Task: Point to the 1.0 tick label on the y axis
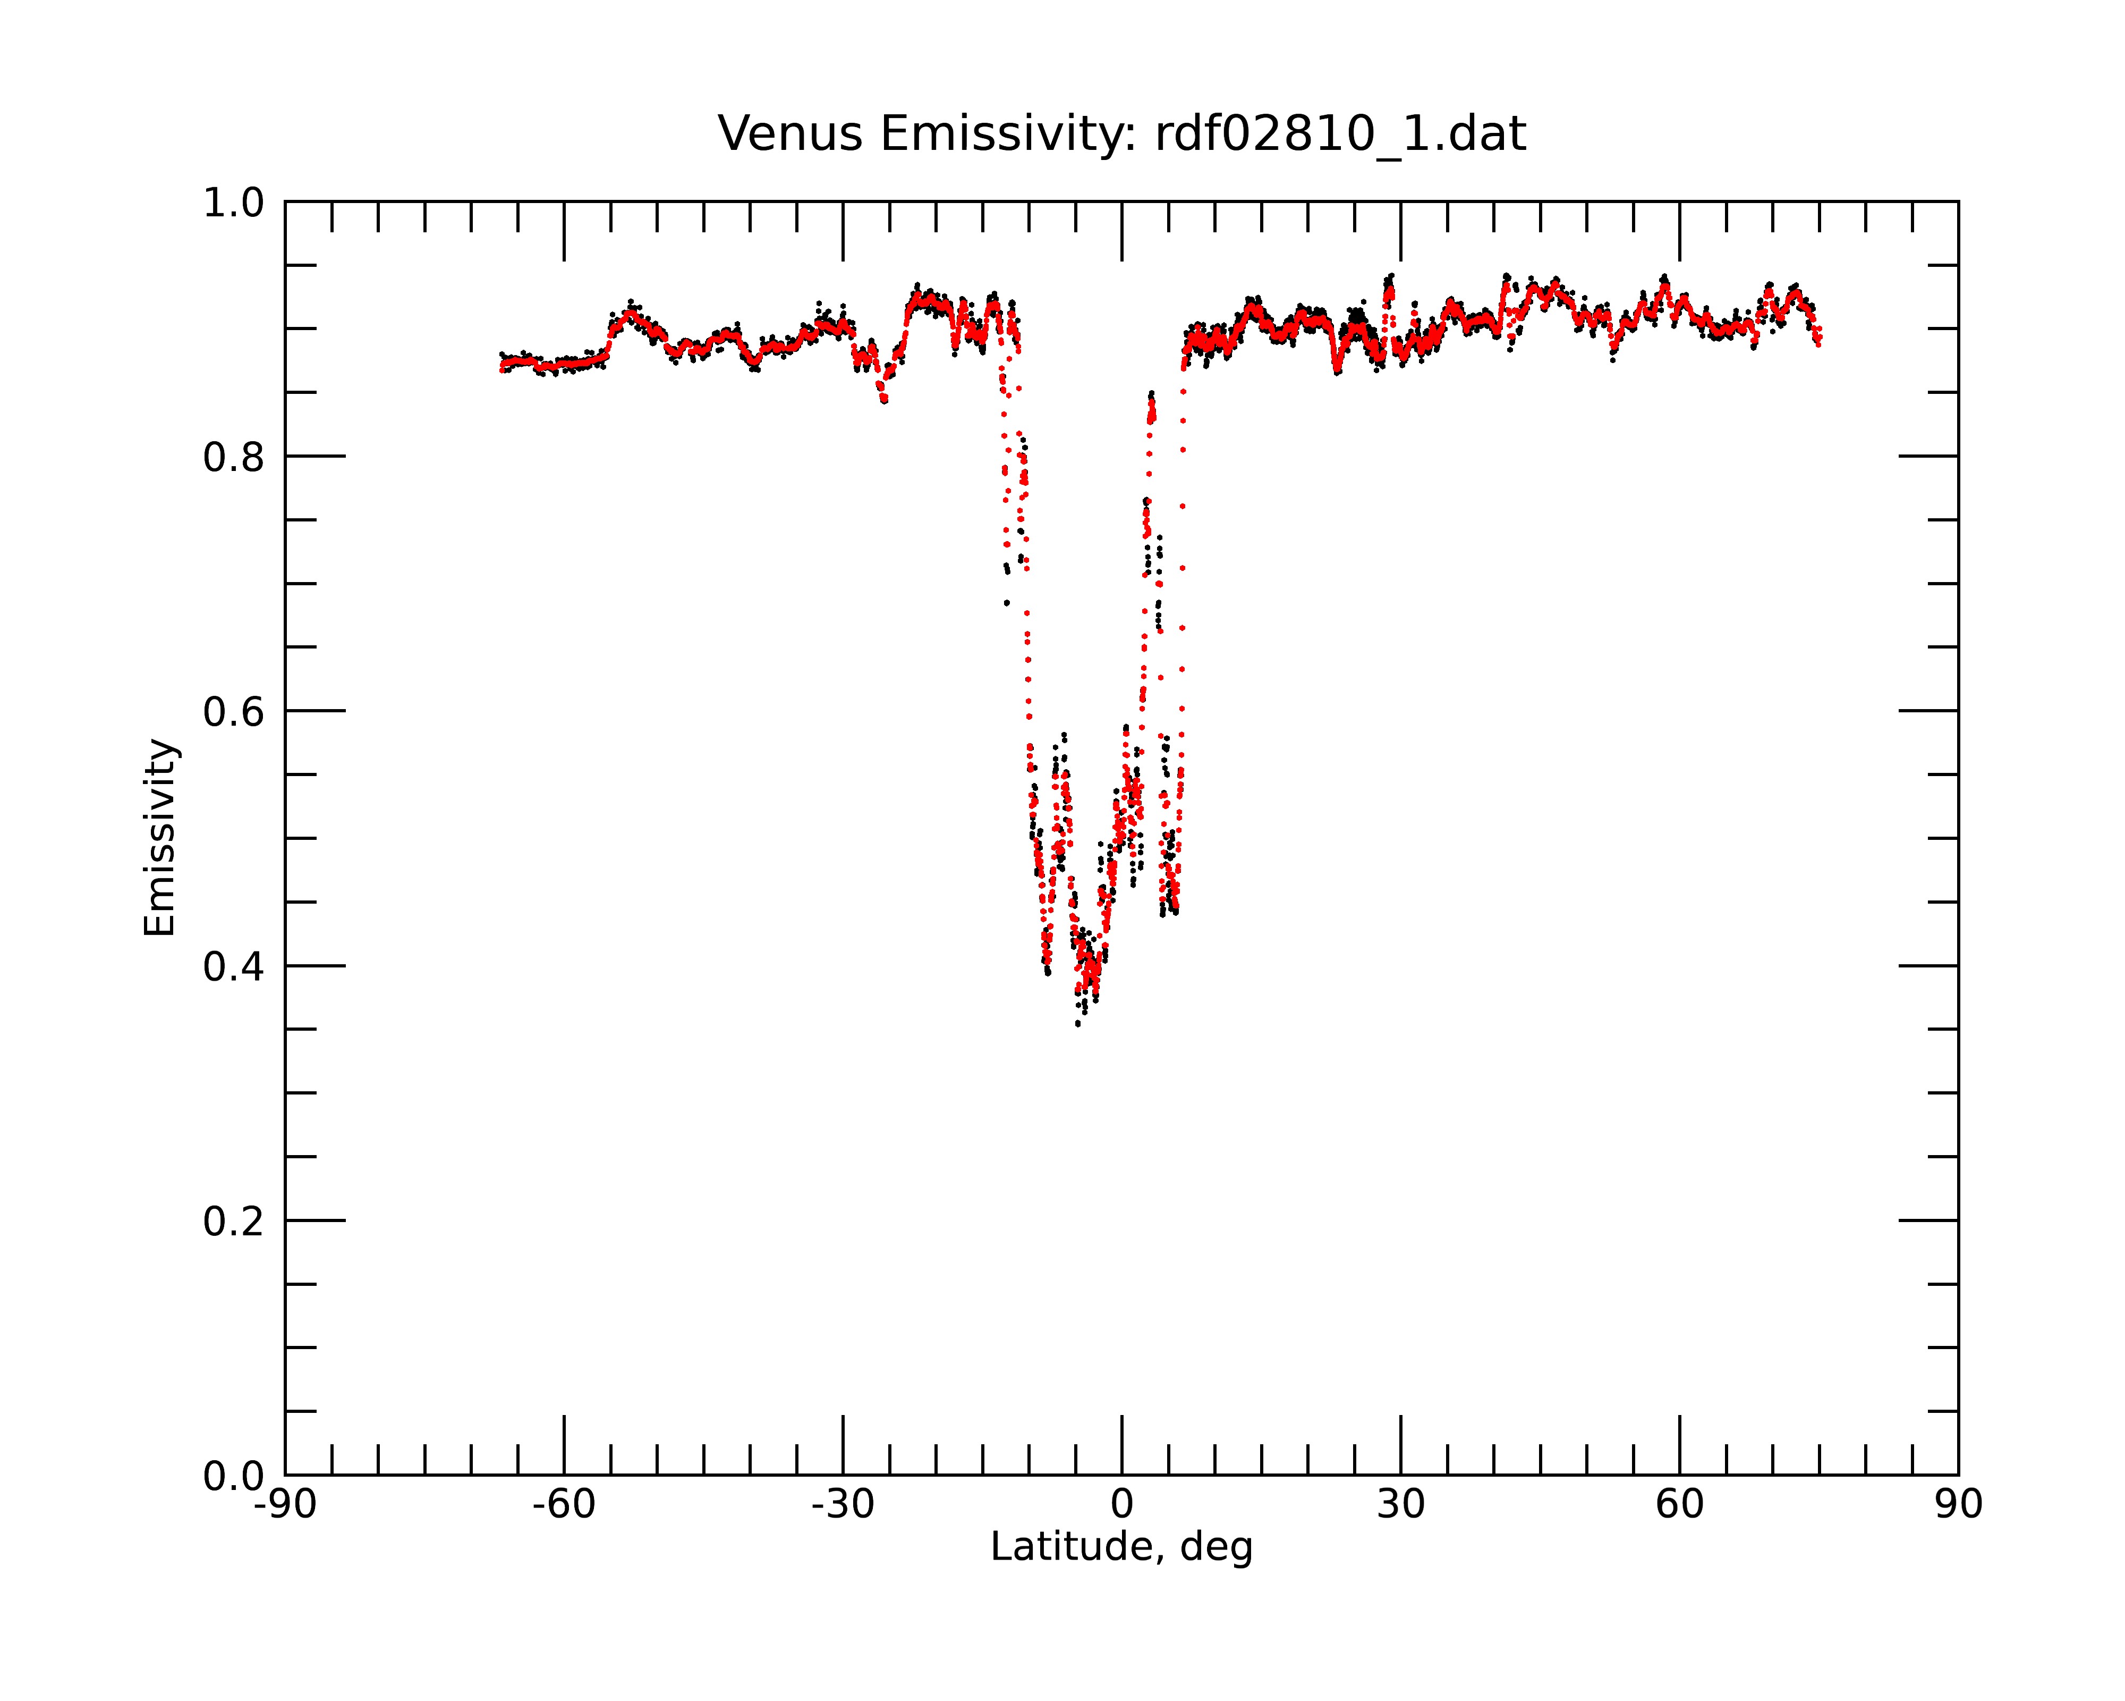(x=234, y=203)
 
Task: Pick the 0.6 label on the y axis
(x=234, y=712)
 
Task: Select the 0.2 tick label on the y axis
(x=234, y=1222)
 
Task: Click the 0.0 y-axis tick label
(x=234, y=1476)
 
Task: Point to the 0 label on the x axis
(x=1121, y=1505)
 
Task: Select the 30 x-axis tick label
(x=1400, y=1505)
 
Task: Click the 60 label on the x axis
(x=1679, y=1505)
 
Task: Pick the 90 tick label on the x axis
(x=1958, y=1505)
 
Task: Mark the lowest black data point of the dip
(x=1077, y=1024)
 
